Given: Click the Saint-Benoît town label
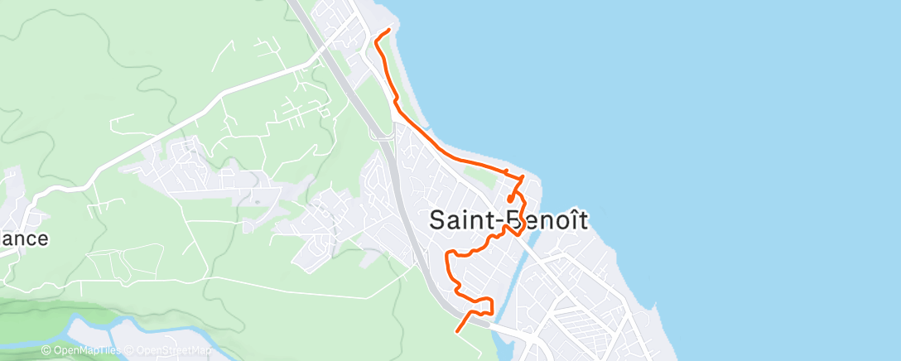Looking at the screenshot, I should point(509,221).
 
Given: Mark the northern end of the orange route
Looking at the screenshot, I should point(388,30).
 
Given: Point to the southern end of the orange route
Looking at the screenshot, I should point(457,331).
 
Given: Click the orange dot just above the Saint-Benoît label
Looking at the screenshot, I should point(509,199).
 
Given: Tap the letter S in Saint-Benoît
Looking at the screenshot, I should point(440,221).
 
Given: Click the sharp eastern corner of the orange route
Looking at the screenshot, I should point(523,177).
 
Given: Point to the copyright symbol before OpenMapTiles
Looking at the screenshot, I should point(46,351).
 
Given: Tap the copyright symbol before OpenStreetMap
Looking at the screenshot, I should point(131,351).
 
